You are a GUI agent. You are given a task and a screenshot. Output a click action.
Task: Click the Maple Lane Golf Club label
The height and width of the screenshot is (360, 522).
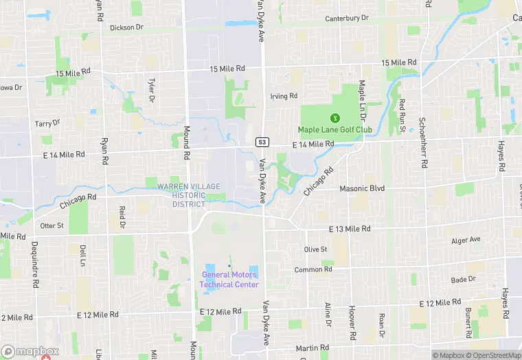pyautogui.click(x=334, y=129)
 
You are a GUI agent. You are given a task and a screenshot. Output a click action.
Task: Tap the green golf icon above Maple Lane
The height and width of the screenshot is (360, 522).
pyautogui.click(x=335, y=117)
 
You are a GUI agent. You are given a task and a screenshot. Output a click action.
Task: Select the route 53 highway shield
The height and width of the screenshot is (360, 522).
pyautogui.click(x=262, y=142)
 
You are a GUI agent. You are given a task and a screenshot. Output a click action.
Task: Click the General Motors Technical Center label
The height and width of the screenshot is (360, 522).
pyautogui.click(x=229, y=280)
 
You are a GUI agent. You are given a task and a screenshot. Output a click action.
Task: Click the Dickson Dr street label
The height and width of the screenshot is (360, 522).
pyautogui.click(x=126, y=27)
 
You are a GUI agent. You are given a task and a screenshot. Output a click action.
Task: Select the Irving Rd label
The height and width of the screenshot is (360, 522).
pyautogui.click(x=284, y=96)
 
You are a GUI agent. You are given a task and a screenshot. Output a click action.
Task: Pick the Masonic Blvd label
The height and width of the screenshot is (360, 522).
pyautogui.click(x=362, y=188)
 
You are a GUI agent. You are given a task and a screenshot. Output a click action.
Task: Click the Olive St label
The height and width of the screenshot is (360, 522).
pyautogui.click(x=315, y=249)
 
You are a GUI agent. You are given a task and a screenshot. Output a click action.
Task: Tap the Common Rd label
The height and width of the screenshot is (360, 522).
pyautogui.click(x=313, y=269)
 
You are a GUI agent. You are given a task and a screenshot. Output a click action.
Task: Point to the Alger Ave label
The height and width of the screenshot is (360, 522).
pyautogui.click(x=466, y=240)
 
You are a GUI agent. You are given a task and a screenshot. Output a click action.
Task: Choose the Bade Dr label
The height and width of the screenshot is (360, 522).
pyautogui.click(x=463, y=279)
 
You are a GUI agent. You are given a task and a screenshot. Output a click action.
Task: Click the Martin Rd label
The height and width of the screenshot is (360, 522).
pyautogui.click(x=313, y=348)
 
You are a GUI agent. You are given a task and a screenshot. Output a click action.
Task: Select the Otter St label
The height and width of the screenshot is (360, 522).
pyautogui.click(x=52, y=225)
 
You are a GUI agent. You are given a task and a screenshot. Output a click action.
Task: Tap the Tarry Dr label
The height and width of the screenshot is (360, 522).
pyautogui.click(x=47, y=123)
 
